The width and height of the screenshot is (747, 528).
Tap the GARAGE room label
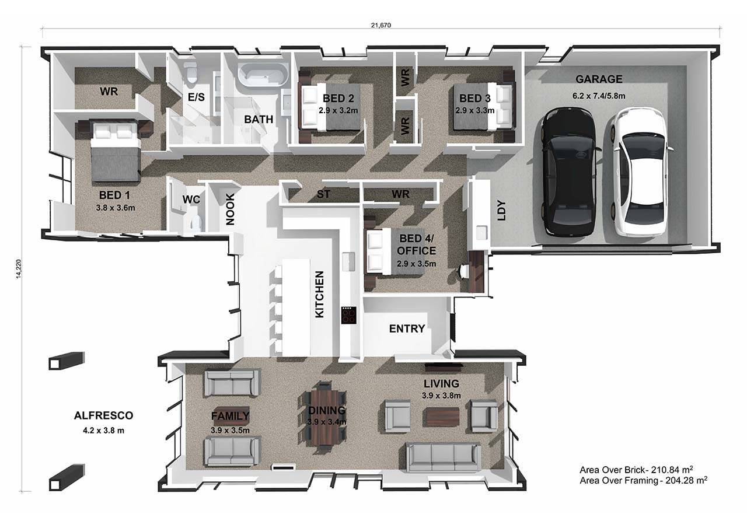tap(599, 79)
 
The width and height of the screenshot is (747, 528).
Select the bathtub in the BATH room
tap(263, 75)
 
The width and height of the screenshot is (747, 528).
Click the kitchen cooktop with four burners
tap(349, 315)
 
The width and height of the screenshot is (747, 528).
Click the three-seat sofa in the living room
tap(443, 457)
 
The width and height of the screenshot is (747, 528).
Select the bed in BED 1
tap(116, 152)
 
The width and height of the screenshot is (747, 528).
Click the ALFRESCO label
tap(103, 415)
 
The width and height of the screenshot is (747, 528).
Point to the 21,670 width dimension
tap(381, 25)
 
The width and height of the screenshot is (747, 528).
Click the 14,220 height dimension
tap(19, 268)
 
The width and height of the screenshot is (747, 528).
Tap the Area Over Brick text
tap(636, 470)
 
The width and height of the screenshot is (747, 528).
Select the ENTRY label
tap(407, 328)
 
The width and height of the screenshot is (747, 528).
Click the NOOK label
tap(230, 209)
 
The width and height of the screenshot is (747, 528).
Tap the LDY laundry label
tap(501, 211)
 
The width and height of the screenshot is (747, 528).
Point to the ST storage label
tap(323, 194)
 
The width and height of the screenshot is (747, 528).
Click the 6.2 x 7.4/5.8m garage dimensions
tap(599, 96)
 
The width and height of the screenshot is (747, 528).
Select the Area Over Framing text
tap(644, 480)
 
